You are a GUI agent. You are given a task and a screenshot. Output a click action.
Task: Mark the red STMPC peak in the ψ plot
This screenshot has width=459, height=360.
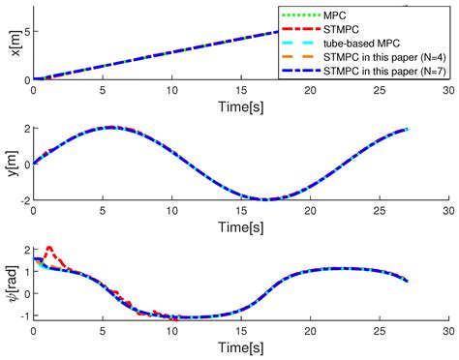[x=49, y=248]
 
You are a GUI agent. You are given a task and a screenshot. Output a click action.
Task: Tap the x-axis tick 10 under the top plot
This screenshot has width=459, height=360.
[x=171, y=92]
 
